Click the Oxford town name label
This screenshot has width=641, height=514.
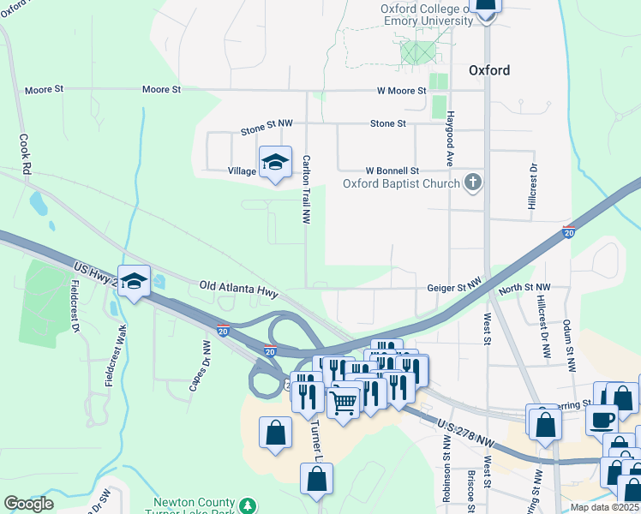(489, 71)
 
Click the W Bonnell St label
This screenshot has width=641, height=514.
(392, 171)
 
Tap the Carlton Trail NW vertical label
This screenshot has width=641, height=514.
(306, 189)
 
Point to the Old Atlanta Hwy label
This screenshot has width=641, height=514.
(238, 289)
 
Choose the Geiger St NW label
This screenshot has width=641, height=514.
(455, 289)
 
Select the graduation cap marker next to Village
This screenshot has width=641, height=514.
(275, 161)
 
